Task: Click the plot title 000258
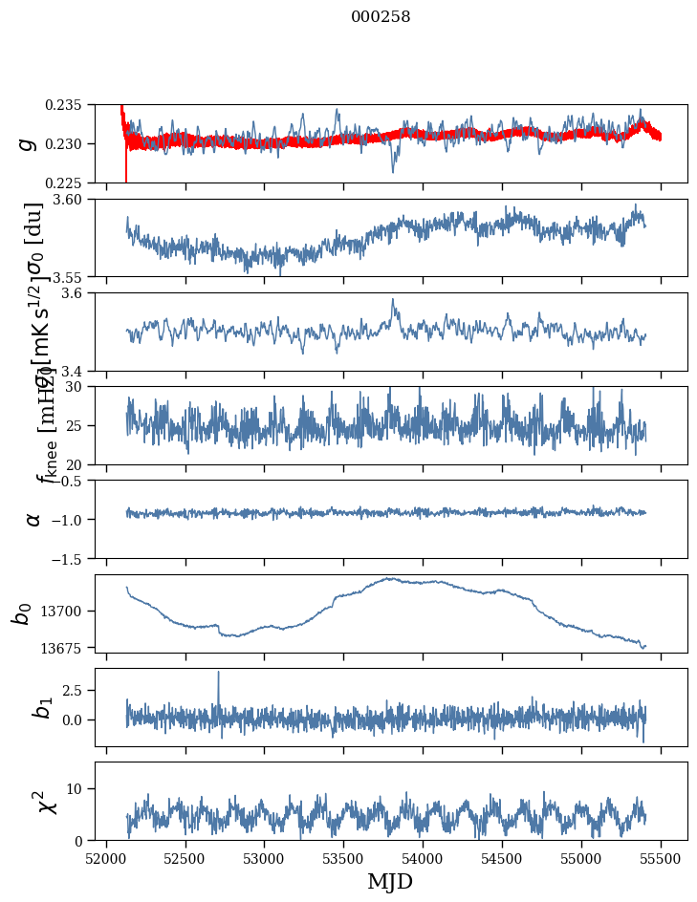(x=381, y=16)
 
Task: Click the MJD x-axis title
(x=390, y=881)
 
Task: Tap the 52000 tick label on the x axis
(x=106, y=858)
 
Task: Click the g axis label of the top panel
(x=28, y=143)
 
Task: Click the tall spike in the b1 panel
(x=218, y=673)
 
